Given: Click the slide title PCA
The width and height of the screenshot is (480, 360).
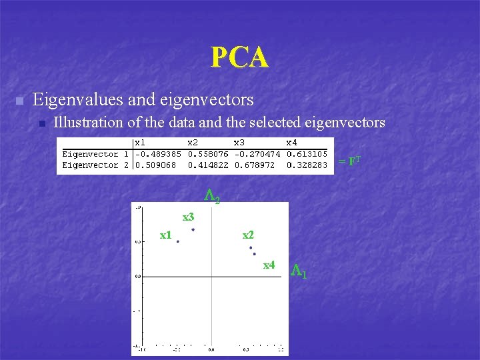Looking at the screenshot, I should (x=239, y=57).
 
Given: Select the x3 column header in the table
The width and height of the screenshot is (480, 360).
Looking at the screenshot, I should (x=239, y=142).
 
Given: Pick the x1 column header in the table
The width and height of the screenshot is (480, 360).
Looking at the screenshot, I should (x=141, y=142).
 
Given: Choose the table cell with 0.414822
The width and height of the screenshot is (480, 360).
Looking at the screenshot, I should (x=207, y=165).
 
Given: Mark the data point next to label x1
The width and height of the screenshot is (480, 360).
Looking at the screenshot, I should (x=178, y=241).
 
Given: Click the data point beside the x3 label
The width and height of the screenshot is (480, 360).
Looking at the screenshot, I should (x=193, y=230).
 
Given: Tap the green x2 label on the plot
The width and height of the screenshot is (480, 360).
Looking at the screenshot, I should (x=248, y=235).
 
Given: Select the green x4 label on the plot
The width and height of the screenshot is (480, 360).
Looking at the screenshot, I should (x=269, y=265).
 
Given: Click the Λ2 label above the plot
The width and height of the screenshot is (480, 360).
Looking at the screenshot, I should (x=211, y=196).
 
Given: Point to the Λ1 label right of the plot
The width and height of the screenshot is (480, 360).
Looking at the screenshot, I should (x=299, y=271).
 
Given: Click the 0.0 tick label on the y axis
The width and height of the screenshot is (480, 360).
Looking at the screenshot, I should (x=139, y=275).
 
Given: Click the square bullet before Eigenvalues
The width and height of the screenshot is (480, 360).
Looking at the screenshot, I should (x=19, y=101).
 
